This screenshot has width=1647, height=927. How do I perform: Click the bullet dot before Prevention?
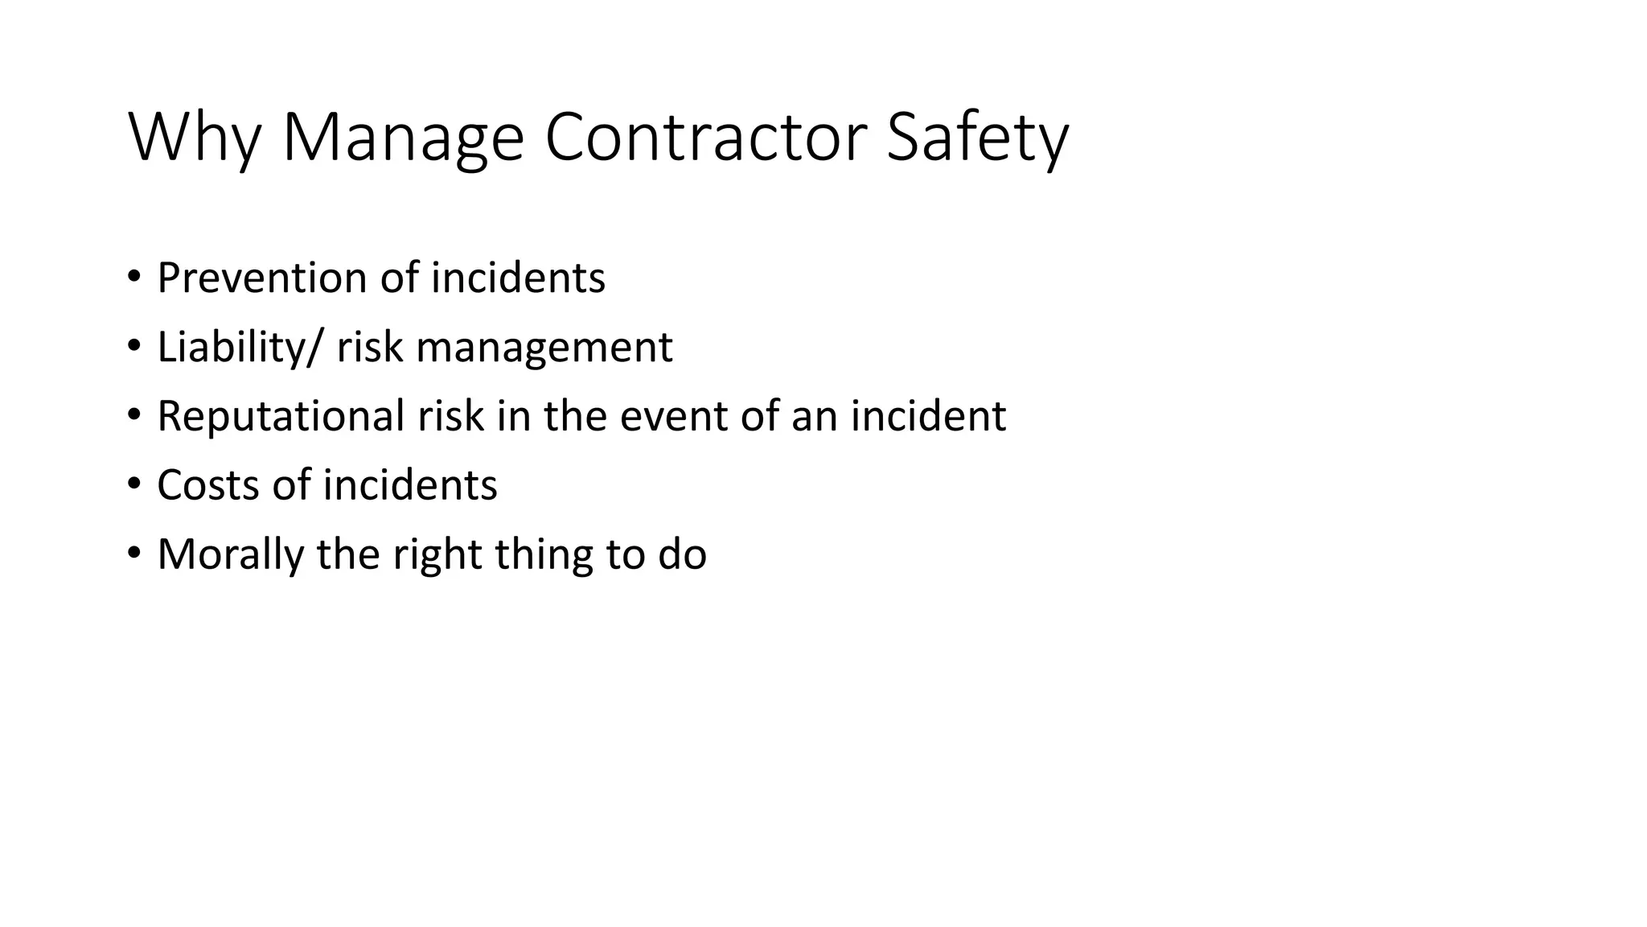[x=133, y=277]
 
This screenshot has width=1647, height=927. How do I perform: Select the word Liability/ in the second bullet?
[x=240, y=347]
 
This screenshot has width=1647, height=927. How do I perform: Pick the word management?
[x=544, y=347]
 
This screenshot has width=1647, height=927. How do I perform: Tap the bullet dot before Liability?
[x=133, y=346]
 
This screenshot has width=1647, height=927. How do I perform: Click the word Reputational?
[x=281, y=416]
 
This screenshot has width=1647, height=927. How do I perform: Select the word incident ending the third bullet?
[x=928, y=416]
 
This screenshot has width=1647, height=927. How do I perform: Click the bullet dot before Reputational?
[x=133, y=415]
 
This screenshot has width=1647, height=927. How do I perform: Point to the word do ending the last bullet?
[x=682, y=554]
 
